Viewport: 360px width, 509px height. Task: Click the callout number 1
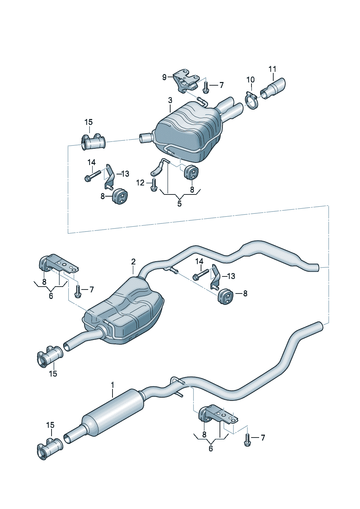(112, 385)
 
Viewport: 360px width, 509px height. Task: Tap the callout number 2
(133, 262)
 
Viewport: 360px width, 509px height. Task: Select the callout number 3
(170, 100)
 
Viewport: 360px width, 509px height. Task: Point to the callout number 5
(180, 204)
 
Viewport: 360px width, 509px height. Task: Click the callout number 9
(164, 77)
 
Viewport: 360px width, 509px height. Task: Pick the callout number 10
(250, 80)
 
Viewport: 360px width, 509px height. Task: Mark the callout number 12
(140, 182)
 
